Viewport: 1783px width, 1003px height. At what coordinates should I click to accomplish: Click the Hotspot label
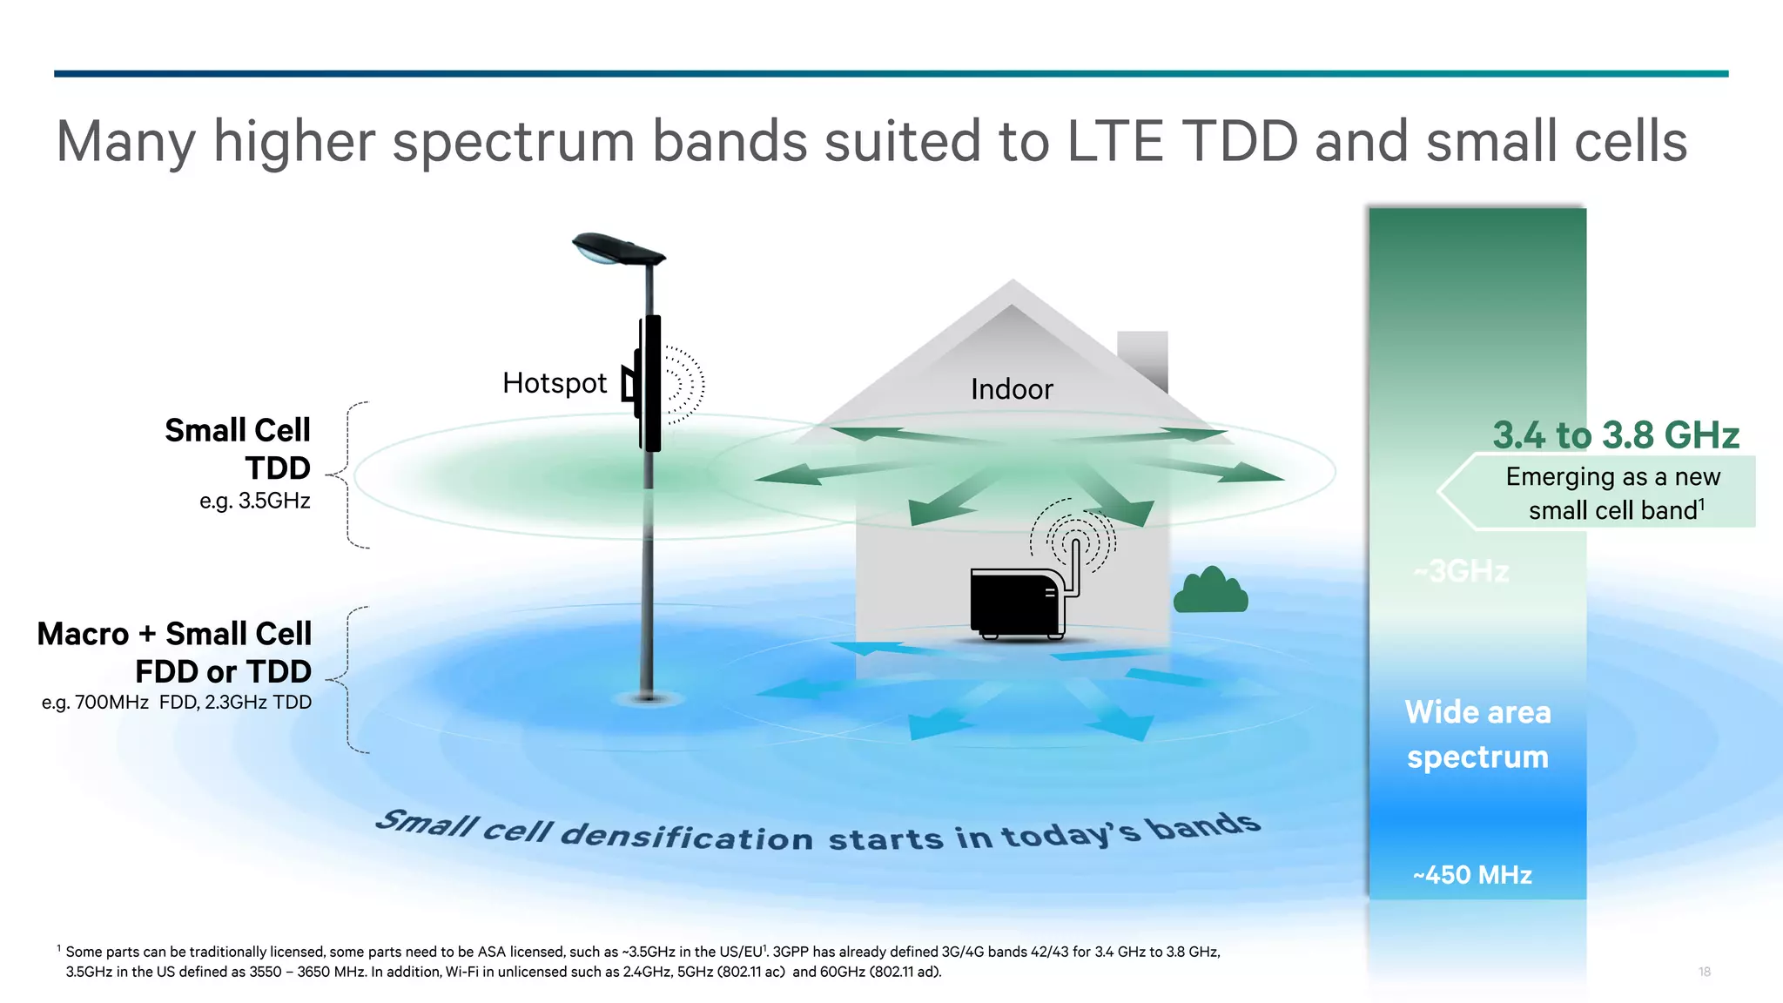click(x=555, y=383)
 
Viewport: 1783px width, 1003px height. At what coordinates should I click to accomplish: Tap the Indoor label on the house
click(x=1012, y=389)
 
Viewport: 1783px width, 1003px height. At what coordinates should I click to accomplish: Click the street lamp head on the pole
click(x=616, y=248)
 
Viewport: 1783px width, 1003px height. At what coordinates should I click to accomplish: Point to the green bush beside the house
click(x=1210, y=591)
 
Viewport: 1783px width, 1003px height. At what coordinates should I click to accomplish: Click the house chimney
click(x=1142, y=357)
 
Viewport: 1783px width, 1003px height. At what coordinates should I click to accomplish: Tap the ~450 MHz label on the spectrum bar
click(x=1472, y=874)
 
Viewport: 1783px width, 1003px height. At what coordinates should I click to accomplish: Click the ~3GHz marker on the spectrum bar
click(x=1462, y=571)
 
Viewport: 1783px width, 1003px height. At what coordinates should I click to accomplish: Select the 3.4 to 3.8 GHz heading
click(x=1616, y=435)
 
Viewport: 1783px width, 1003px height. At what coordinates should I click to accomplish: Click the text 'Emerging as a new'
click(x=1612, y=476)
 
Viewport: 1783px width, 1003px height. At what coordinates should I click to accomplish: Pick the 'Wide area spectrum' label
click(x=1477, y=734)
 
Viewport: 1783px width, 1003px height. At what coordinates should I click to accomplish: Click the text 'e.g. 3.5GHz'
click(x=254, y=501)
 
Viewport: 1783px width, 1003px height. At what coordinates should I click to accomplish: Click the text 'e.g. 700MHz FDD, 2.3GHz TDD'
click(x=176, y=702)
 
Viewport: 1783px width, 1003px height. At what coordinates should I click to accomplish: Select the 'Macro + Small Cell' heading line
click(x=174, y=634)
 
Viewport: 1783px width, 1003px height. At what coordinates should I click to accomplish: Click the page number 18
click(x=1704, y=972)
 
